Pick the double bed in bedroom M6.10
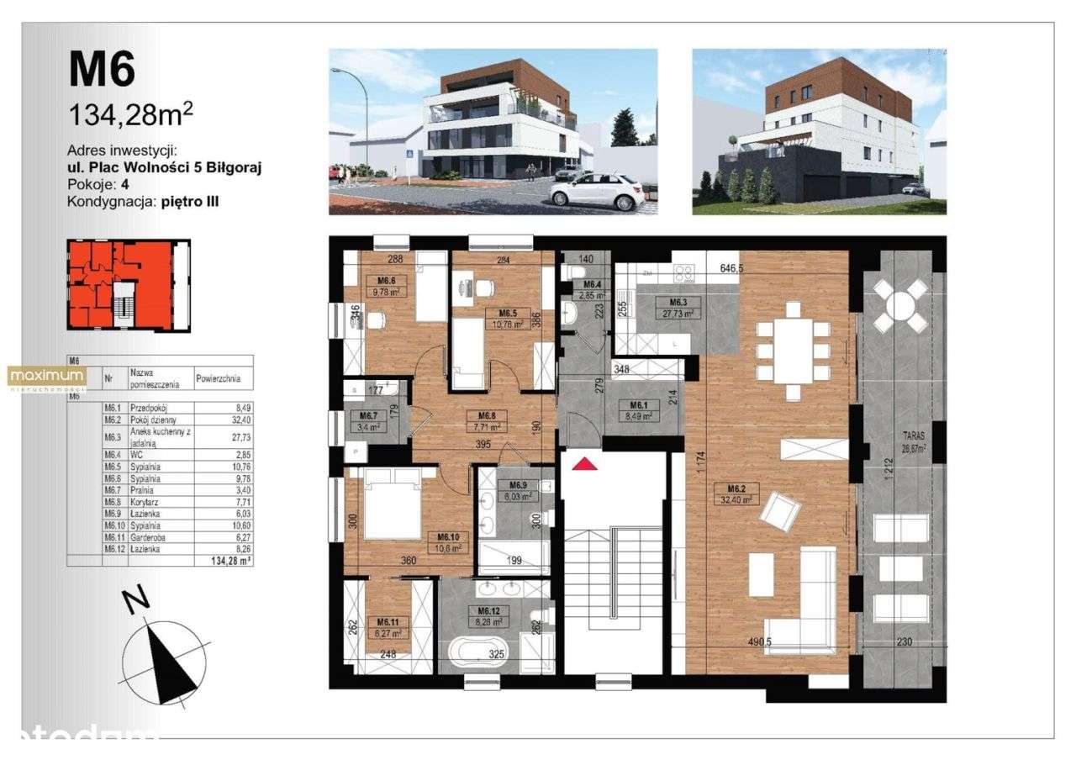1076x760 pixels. coord(390,502)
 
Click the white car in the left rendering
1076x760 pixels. coord(592,192)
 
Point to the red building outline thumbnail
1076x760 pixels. coord(128,286)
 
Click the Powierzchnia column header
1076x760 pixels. coord(224,378)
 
